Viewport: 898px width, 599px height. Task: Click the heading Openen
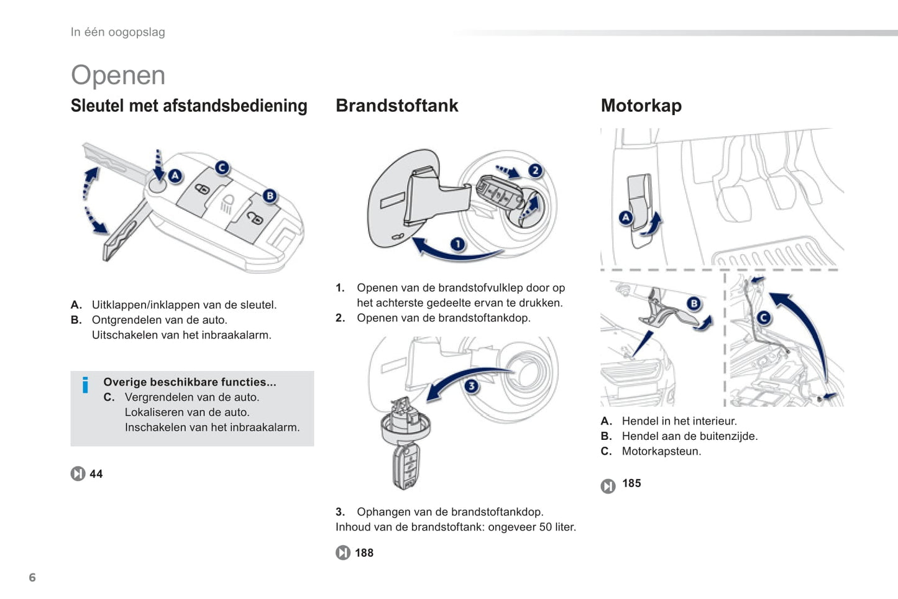coord(118,75)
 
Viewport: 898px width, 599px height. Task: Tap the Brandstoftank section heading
coord(396,106)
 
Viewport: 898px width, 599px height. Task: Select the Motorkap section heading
coord(641,106)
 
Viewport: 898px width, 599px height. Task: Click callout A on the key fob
coord(175,176)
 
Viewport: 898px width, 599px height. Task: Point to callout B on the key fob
coord(270,196)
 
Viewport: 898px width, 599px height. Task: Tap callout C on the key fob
coord(222,167)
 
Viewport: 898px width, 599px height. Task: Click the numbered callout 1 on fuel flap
coord(457,244)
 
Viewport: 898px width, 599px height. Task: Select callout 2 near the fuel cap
coord(535,170)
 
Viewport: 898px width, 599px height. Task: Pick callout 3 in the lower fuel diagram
coord(472,386)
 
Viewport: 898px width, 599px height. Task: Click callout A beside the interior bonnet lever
coord(626,217)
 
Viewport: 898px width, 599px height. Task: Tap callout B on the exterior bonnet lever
coord(694,303)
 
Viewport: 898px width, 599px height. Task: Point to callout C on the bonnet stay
coord(764,318)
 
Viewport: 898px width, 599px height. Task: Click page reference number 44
coord(96,474)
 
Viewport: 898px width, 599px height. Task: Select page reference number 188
coord(364,553)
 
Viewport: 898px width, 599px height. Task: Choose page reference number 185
coord(631,483)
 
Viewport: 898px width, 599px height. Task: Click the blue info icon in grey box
coord(86,385)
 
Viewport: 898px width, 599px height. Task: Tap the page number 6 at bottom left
coord(32,577)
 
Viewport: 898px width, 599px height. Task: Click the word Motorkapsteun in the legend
coord(661,451)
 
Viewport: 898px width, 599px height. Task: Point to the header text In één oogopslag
coord(118,32)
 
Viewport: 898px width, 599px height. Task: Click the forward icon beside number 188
coord(343,553)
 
